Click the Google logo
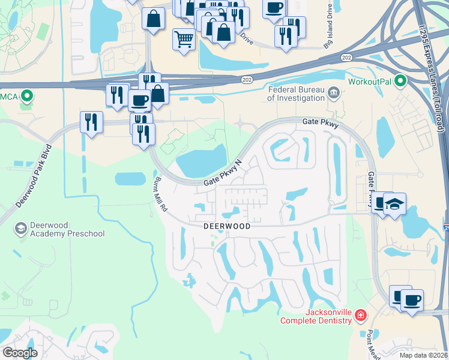click(x=20, y=353)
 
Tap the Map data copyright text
click(x=423, y=355)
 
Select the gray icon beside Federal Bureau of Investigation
click(x=335, y=93)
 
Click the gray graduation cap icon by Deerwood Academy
click(x=21, y=229)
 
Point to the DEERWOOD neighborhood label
click(x=226, y=227)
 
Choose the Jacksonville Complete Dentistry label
click(x=320, y=316)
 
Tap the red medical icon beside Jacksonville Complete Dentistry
click(x=361, y=315)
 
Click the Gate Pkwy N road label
click(x=223, y=173)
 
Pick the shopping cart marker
click(x=184, y=40)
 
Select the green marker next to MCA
click(x=27, y=95)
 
